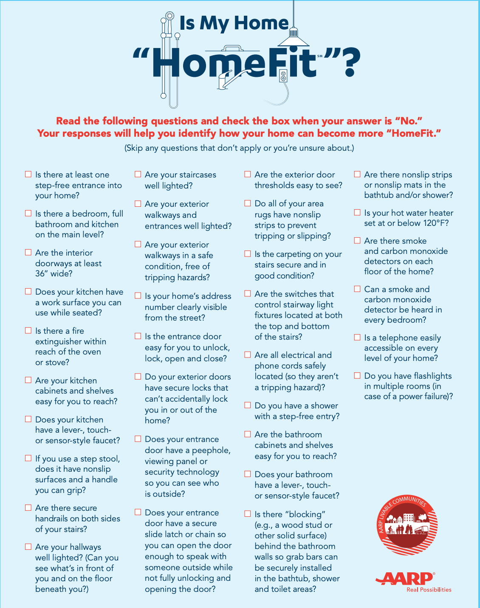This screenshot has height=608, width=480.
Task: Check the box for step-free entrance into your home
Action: pos(28,174)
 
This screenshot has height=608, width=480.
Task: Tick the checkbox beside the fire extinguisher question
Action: pos(28,330)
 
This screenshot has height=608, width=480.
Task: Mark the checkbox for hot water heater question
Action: pos(357,212)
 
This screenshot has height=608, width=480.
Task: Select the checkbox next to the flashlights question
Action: pos(357,375)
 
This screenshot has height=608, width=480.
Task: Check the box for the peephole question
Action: pos(138,439)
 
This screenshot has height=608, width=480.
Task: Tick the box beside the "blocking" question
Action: pos(248,514)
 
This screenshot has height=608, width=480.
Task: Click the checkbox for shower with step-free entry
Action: pos(248,405)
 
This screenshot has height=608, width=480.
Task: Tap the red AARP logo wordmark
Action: pos(404,578)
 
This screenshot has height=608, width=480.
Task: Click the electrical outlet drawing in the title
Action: pos(283,76)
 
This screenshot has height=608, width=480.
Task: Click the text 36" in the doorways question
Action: pos(42,273)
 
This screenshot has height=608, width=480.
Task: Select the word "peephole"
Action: pos(211,450)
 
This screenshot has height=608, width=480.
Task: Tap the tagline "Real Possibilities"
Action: pos(429,589)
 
